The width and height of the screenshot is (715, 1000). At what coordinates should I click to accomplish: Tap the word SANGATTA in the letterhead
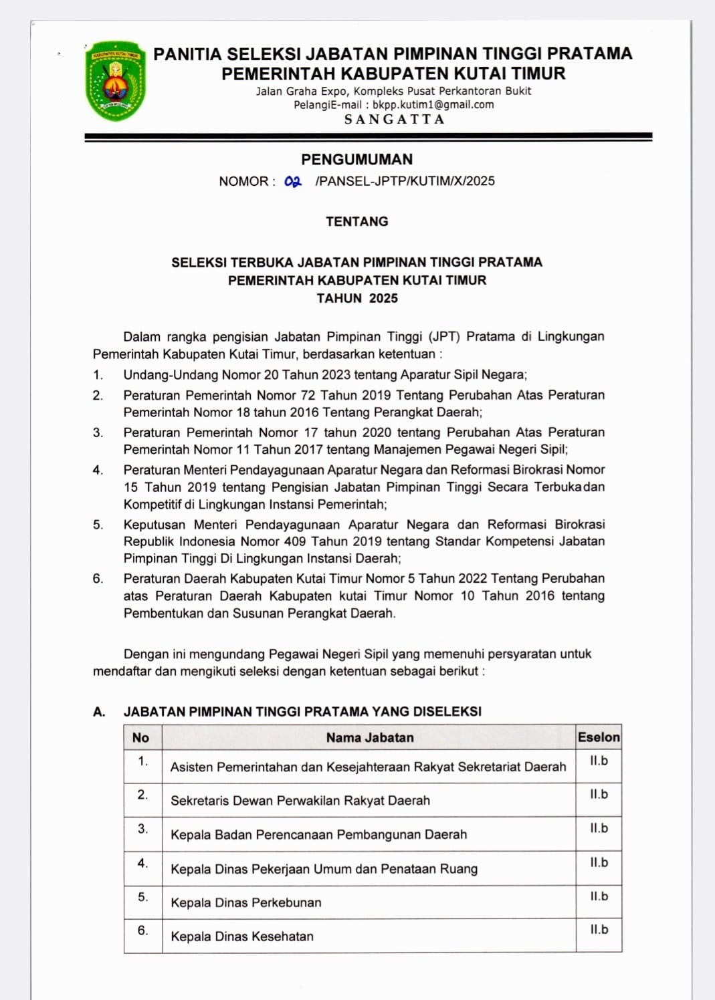[x=394, y=120]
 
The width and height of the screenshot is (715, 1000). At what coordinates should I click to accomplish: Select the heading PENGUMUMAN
[x=356, y=159]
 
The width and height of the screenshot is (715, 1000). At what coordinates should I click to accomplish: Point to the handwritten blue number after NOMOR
[x=293, y=181]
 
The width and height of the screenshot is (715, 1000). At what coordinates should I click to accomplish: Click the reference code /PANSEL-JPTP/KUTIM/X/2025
[x=405, y=181]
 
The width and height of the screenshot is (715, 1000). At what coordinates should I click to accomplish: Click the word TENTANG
[x=356, y=221]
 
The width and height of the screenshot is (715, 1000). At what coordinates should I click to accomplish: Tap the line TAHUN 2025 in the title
[x=356, y=298]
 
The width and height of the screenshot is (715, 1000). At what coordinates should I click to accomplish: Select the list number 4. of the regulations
[x=98, y=470]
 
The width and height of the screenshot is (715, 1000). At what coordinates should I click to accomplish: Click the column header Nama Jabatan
[x=369, y=737]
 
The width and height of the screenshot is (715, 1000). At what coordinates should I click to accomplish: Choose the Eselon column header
[x=599, y=737]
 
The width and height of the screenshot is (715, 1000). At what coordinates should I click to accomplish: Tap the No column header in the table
[x=140, y=737]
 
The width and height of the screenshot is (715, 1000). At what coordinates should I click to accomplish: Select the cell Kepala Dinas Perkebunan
[x=245, y=902]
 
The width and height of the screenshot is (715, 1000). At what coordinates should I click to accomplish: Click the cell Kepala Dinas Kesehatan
[x=241, y=936]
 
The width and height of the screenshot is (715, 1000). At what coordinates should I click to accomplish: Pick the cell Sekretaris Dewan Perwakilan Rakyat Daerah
[x=300, y=800]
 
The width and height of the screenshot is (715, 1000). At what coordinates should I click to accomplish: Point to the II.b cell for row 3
[x=599, y=828]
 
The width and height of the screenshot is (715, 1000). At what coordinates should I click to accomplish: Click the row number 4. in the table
[x=142, y=863]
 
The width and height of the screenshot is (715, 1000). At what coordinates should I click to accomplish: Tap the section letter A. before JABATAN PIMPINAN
[x=99, y=712]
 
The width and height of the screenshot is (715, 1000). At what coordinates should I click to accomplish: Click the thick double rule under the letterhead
[x=368, y=137]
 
